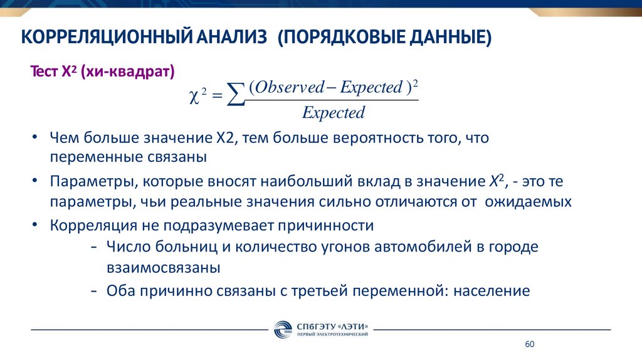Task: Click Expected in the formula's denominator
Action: click(x=333, y=113)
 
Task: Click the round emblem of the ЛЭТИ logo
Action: click(x=282, y=330)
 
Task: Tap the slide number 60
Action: click(x=529, y=345)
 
